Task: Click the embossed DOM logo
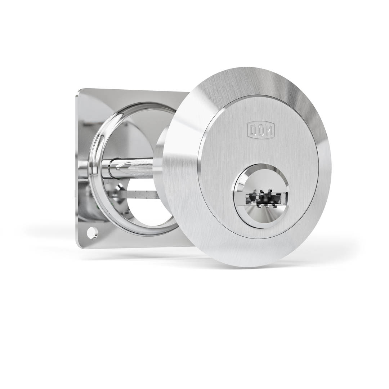pyautogui.click(x=261, y=129)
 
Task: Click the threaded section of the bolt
pyautogui.click(x=144, y=166)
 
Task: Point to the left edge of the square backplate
pyautogui.click(x=77, y=162)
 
